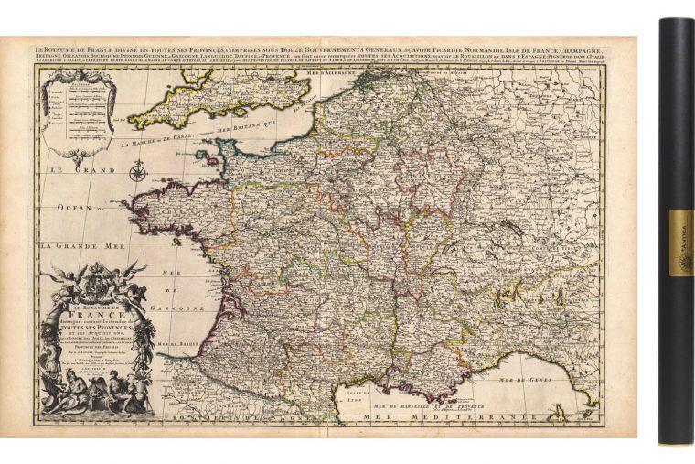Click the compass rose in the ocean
click(x=138, y=171)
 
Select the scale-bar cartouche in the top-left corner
click(x=83, y=102)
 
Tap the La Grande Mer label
click(x=90, y=245)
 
